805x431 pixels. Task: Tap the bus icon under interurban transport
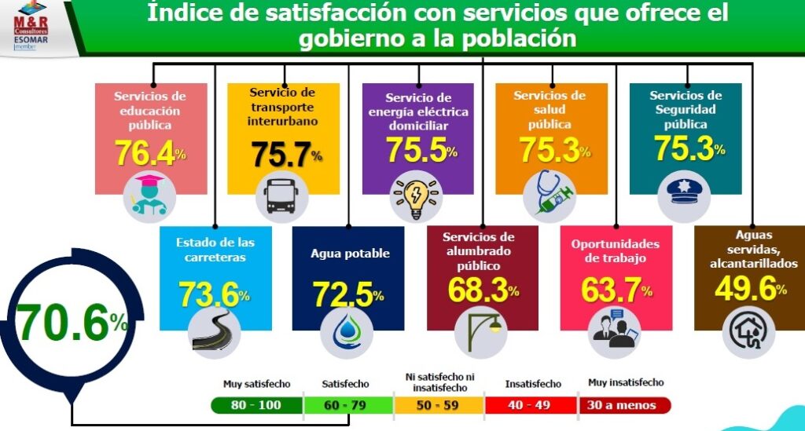282,197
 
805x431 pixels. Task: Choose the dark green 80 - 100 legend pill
256,406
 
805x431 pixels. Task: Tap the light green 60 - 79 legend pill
347,406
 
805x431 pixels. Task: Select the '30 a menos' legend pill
626,406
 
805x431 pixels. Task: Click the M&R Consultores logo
31,27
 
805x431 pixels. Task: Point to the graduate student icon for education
149,197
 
